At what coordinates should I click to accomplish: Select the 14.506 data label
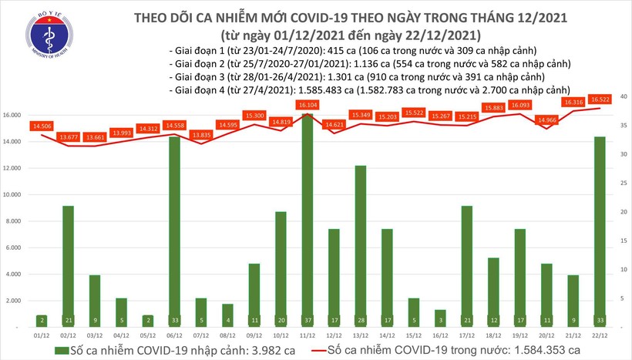tap(42, 126)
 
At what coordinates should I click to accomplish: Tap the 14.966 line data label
tap(546, 119)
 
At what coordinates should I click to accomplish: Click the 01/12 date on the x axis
tap(43, 335)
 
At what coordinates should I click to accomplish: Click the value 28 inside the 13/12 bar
tap(361, 319)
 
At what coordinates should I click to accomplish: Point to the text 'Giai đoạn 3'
tap(197, 77)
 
